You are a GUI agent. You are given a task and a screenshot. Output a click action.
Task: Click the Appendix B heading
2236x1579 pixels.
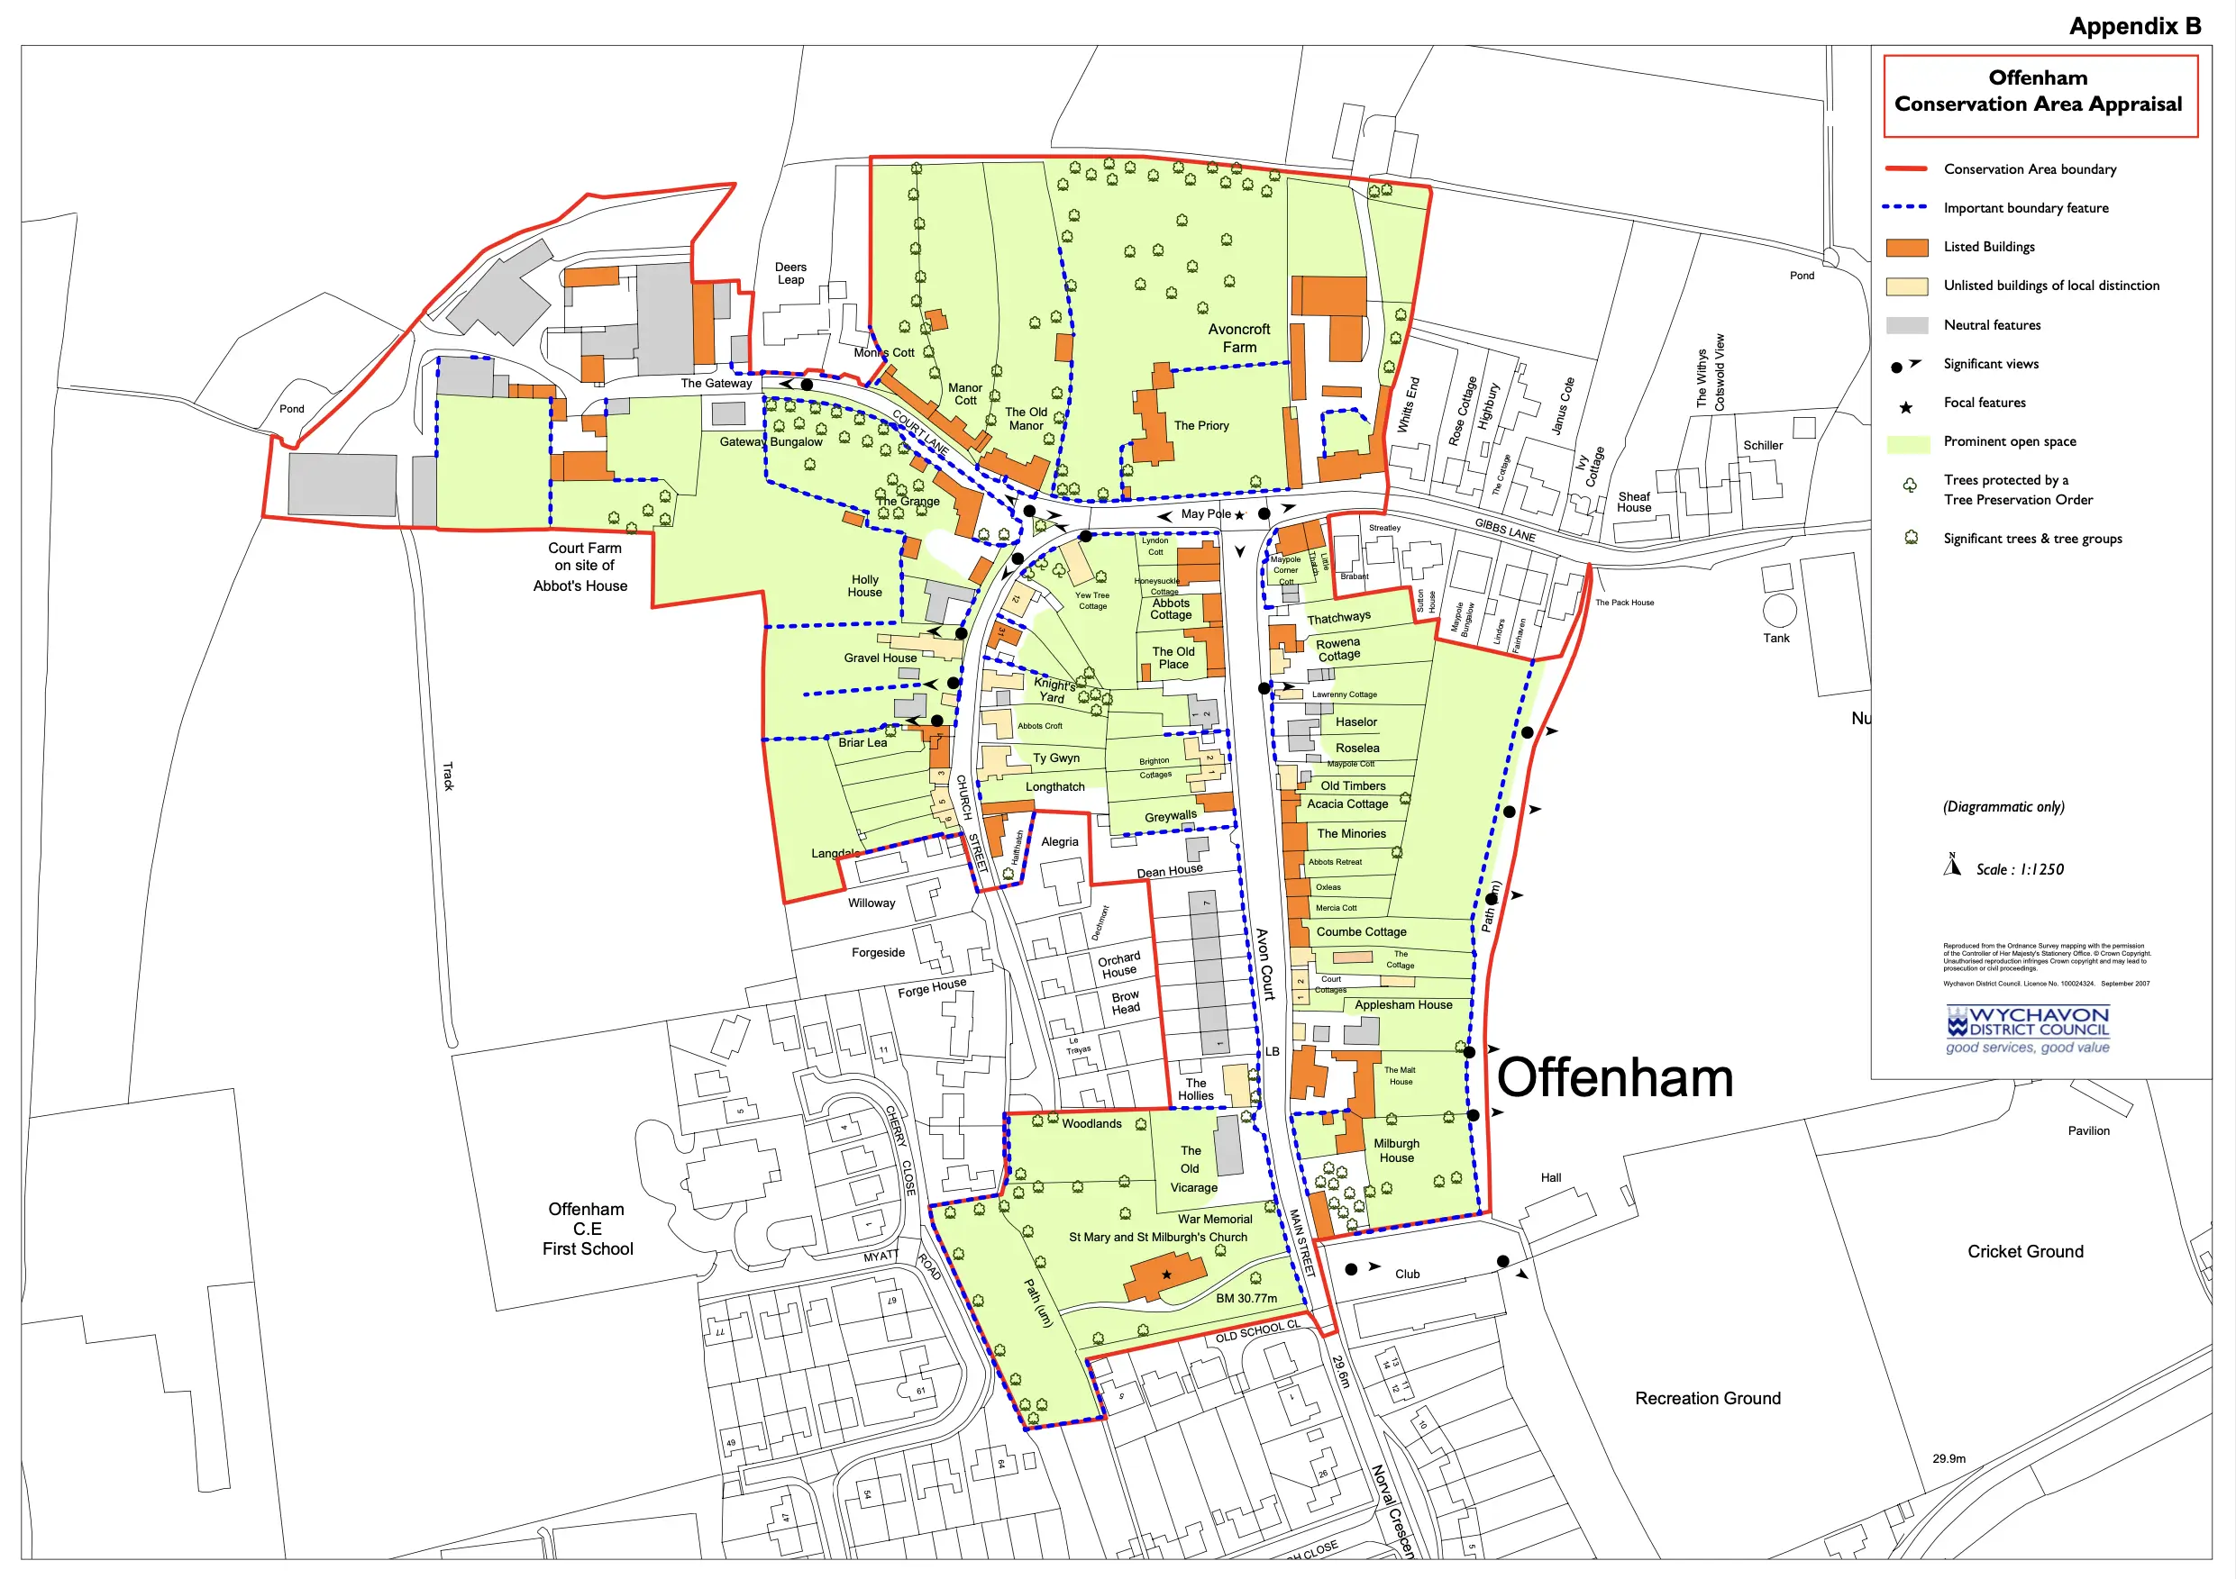click(2134, 26)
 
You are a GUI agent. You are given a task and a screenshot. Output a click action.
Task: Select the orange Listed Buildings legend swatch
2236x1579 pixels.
click(1906, 248)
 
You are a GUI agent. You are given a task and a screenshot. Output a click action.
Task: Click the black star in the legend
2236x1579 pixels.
click(1906, 407)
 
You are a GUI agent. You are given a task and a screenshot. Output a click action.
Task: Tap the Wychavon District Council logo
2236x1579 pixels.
click(2027, 1029)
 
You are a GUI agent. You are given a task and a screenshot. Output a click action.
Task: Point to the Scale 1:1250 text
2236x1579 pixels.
click(2019, 869)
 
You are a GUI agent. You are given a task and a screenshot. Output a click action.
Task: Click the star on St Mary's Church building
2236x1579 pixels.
click(1165, 1275)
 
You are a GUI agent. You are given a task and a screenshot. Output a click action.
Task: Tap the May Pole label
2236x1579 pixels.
click(1206, 514)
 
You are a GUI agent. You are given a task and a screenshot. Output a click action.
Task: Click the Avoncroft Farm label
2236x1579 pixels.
click(1238, 338)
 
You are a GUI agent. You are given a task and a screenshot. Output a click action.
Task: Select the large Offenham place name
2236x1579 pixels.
click(1615, 1077)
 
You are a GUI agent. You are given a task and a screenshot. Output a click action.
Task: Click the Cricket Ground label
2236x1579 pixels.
click(2025, 1251)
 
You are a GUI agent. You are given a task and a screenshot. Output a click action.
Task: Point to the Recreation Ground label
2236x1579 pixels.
click(1707, 1398)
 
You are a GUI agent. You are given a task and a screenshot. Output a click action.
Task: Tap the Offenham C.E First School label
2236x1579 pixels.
click(588, 1229)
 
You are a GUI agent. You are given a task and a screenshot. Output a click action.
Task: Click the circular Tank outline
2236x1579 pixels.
click(1779, 611)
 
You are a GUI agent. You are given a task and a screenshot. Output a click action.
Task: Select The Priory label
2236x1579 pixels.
click(1200, 425)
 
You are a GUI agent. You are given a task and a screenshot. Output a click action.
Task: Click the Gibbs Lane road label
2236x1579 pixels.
click(1504, 530)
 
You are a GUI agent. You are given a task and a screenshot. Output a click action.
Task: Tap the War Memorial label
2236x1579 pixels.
click(1214, 1219)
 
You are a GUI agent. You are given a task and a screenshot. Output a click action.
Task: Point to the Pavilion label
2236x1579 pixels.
click(2088, 1130)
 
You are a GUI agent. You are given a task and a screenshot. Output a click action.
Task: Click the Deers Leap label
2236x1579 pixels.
click(790, 274)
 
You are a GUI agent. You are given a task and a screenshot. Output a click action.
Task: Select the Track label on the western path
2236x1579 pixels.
click(448, 776)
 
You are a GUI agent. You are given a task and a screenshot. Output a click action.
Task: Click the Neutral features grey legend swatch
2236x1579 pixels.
click(1906, 325)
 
